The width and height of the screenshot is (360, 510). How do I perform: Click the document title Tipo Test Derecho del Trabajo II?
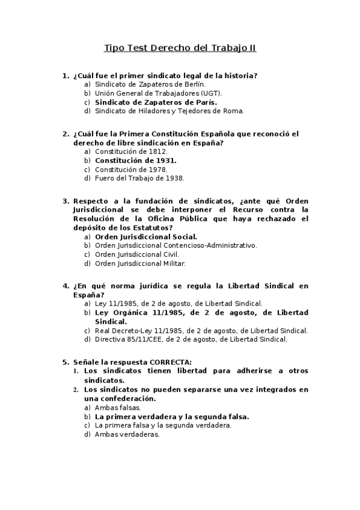tap(180, 48)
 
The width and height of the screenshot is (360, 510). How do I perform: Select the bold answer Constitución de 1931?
tap(136, 161)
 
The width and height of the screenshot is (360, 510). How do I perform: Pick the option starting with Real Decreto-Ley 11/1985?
tap(201, 330)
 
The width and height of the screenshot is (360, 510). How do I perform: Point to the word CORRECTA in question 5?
tap(170, 362)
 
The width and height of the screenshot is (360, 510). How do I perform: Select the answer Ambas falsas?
tap(118, 407)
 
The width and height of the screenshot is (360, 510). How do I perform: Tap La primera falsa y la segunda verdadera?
tap(163, 425)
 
